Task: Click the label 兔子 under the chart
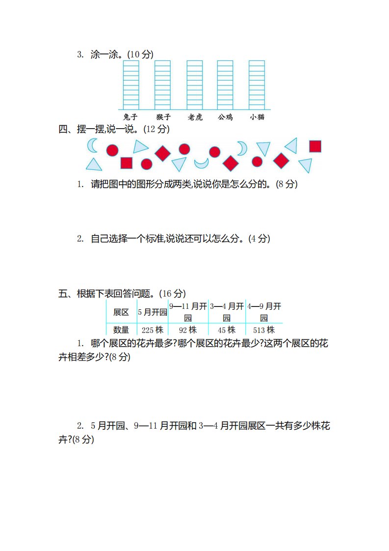click(130, 117)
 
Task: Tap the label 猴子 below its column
click(163, 117)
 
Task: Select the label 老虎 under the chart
click(195, 117)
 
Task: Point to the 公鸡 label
click(225, 117)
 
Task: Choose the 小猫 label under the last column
click(257, 117)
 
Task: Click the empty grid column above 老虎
click(195, 85)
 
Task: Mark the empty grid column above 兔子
click(131, 85)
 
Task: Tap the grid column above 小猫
click(257, 85)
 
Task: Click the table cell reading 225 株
click(153, 330)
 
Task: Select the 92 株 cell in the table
click(188, 330)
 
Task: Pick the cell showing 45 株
click(227, 330)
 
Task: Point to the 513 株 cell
click(264, 330)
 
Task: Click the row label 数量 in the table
click(121, 330)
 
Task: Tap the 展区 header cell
click(121, 312)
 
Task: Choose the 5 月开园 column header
click(153, 312)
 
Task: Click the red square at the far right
click(315, 146)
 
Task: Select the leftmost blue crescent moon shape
click(93, 145)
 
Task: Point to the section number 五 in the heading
click(63, 293)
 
